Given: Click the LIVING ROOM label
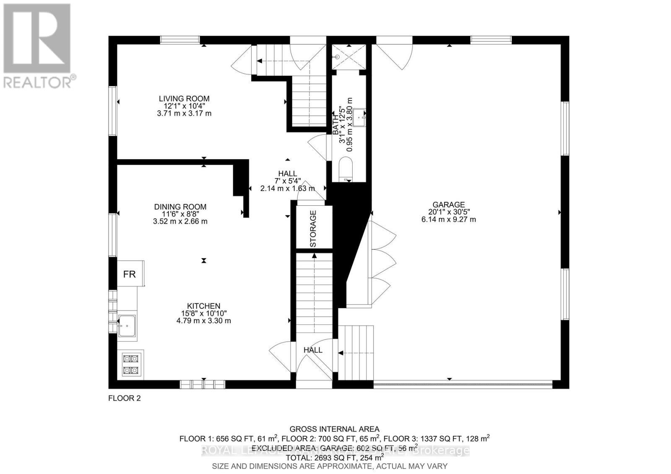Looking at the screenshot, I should click(184, 98).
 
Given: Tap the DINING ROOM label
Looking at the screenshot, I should click(180, 207).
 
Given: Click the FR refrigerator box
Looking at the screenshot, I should click(130, 274).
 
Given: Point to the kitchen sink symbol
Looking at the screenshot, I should click(126, 326).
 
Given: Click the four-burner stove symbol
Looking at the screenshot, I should click(130, 364).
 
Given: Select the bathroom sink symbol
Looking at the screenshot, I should click(359, 117).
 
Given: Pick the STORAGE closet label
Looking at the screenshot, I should click(313, 228).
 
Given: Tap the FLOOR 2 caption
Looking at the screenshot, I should click(125, 398).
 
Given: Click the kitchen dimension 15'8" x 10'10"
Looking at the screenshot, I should click(204, 313).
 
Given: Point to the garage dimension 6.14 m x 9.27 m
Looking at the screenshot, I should click(448, 219).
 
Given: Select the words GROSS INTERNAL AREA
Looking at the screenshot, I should click(334, 429).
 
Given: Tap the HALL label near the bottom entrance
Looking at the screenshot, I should click(313, 350).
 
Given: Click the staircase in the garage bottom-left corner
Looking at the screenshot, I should click(356, 352).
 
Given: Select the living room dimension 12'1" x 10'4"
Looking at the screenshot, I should click(184, 106).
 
